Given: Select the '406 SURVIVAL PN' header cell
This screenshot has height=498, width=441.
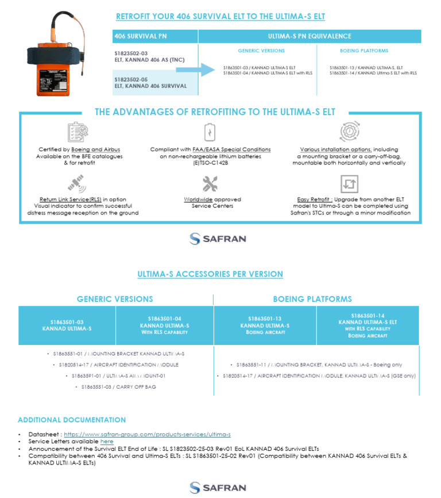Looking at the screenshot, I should click(x=155, y=36).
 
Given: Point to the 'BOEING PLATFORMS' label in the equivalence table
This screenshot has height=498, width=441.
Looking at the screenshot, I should click(x=363, y=51).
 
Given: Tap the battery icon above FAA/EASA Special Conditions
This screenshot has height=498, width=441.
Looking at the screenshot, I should click(x=210, y=132).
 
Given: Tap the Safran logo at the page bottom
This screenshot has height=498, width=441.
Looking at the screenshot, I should click(x=218, y=488).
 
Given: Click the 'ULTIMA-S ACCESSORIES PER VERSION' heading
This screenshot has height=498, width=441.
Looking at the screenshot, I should click(x=210, y=274).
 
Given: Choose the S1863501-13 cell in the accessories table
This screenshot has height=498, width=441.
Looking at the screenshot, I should click(x=265, y=325).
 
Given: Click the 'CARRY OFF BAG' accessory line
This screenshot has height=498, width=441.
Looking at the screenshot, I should click(x=115, y=387).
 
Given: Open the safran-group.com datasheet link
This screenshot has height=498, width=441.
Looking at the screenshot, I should click(x=147, y=434).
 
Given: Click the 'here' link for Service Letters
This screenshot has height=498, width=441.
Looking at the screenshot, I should click(x=107, y=441).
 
